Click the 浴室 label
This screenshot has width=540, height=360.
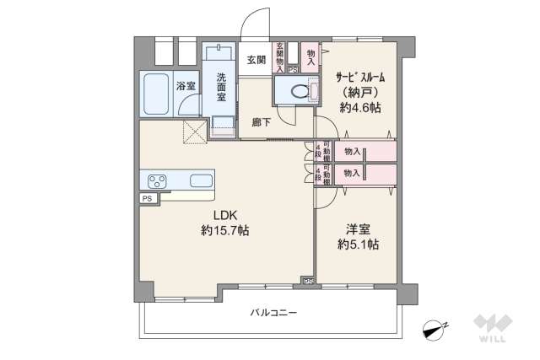[185, 85]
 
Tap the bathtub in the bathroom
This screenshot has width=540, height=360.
[157, 95]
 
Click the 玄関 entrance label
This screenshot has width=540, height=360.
[256, 59]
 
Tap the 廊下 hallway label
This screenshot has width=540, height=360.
[262, 122]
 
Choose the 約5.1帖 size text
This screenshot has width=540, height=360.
[359, 245]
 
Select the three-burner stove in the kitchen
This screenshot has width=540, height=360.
[159, 180]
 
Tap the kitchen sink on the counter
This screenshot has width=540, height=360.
[201, 180]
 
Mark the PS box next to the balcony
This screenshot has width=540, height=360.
[309, 281]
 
